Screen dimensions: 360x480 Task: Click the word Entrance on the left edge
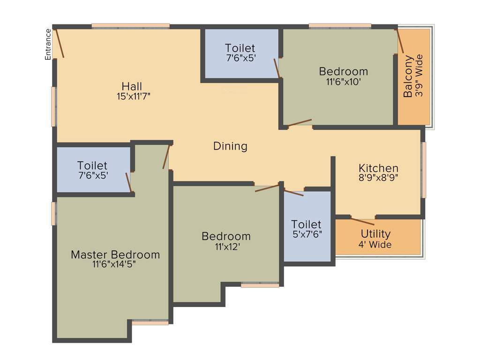48,45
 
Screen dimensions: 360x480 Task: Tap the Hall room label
132,87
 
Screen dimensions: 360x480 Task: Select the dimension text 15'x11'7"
134,97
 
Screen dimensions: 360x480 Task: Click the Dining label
230,146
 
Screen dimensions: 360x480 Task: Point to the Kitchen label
378,168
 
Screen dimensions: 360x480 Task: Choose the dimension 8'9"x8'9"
378,178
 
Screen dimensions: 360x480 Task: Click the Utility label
375,233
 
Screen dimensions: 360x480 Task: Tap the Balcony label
408,76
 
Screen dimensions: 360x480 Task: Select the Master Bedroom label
115,255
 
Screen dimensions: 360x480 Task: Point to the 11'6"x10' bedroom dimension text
343,82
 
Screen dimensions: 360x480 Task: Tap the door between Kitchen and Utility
362,221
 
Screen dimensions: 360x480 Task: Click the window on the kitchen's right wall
424,170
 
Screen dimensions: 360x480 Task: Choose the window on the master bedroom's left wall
54,213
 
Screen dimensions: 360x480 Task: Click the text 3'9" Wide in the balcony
419,76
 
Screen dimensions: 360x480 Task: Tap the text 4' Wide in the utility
376,244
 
